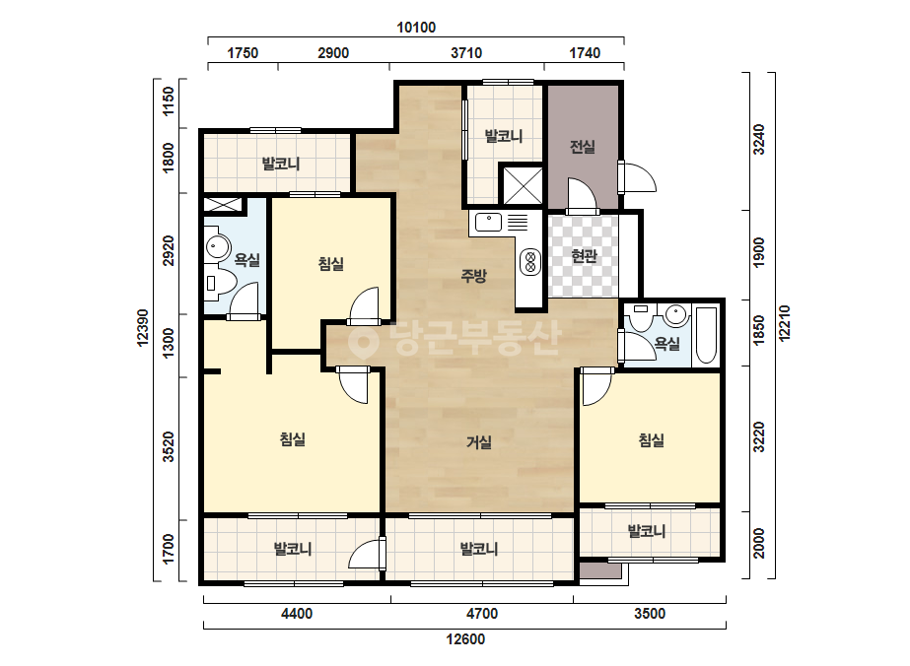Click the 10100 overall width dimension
coord(416,28)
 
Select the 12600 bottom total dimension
coord(465,639)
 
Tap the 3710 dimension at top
coord(466,53)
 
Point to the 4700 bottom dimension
coord(482,613)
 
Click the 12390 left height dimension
coord(143,327)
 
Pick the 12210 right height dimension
coord(785,324)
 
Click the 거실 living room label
coord(479,442)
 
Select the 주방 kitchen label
coord(473,276)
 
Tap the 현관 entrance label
coord(584,255)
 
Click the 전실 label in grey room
coord(583,147)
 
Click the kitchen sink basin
coord(489,222)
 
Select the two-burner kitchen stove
coord(529,261)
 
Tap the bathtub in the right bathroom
coord(706,335)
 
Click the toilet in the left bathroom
coord(221,283)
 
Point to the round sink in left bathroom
coord(217,247)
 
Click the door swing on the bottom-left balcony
coord(367,554)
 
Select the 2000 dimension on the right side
coord(759,544)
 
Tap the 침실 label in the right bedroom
coord(651,440)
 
